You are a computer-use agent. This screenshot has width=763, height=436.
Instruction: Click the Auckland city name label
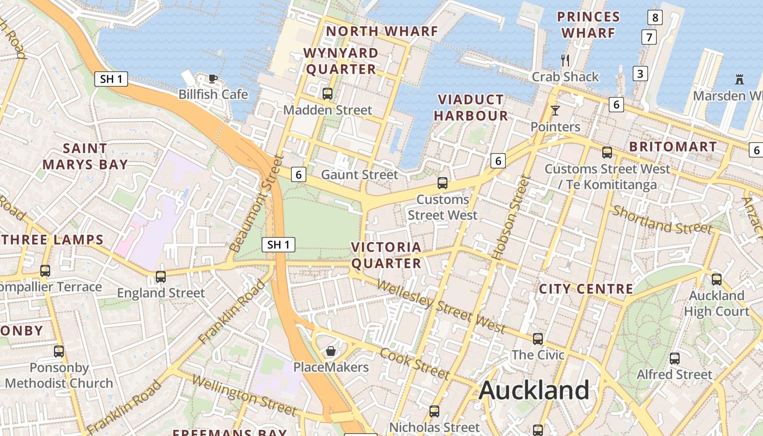coord(534,390)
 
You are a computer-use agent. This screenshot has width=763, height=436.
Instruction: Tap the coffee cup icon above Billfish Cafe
coord(213,78)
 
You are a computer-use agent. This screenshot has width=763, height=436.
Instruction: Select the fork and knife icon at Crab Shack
coord(565,60)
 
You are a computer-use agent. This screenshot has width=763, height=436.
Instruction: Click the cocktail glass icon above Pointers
coord(555,111)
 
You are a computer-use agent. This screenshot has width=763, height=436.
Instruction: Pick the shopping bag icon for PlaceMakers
coord(330,351)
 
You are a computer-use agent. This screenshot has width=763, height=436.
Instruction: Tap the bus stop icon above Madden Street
coord(328,93)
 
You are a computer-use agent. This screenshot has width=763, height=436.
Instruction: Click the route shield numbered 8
coord(655,17)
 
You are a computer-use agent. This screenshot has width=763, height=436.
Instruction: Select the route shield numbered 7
coord(649,38)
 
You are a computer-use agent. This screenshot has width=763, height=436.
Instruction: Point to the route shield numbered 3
coord(640,74)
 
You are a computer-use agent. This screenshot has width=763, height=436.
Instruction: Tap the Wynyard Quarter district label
coord(341,61)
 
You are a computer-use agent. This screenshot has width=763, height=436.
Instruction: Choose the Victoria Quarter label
coord(386,255)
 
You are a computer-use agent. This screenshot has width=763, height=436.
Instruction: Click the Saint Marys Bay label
coord(85,156)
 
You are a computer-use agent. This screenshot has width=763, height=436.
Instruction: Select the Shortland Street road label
coord(662,219)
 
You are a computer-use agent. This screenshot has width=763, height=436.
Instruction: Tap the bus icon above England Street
coord(161,276)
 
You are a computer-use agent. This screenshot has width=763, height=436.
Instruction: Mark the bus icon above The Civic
coord(538,339)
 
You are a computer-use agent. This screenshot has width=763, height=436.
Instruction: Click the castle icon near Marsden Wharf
coord(740,80)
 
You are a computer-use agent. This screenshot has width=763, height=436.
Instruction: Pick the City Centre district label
coord(586,289)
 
